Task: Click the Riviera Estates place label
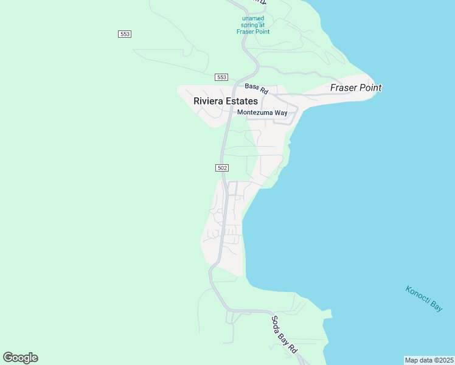click(226, 102)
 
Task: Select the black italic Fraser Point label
click(356, 88)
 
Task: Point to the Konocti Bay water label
click(424, 298)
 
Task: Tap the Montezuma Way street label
click(262, 113)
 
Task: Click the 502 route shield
click(221, 167)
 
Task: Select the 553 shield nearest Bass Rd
click(221, 77)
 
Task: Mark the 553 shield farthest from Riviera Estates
click(125, 34)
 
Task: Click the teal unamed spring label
click(253, 25)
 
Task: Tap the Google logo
click(20, 358)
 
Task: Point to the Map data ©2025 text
click(429, 360)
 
